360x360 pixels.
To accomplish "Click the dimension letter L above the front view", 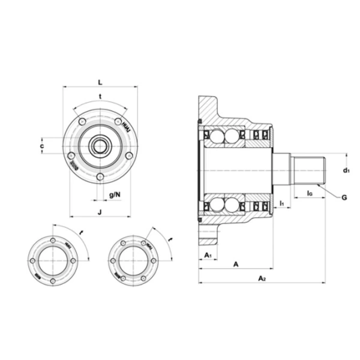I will [100, 82].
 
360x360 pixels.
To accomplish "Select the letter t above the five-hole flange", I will [100, 97].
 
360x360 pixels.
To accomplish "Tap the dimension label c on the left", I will [42, 146].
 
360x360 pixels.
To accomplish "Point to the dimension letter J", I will [100, 211].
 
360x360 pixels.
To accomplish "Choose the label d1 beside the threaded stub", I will [346, 171].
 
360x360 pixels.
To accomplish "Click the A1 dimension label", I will [208, 256].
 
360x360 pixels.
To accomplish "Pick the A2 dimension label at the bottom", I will [262, 278].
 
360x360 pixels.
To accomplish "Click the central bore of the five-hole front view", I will [100, 146].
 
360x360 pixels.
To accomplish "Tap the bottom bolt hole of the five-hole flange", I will [100, 176].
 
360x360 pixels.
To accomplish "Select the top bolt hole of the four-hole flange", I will [53, 241].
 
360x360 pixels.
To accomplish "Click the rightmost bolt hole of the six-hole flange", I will [154, 261].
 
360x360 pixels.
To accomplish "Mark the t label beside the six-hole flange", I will [170, 240].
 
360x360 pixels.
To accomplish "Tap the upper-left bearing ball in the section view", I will [215, 136].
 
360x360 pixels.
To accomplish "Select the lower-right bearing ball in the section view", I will [232, 205].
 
